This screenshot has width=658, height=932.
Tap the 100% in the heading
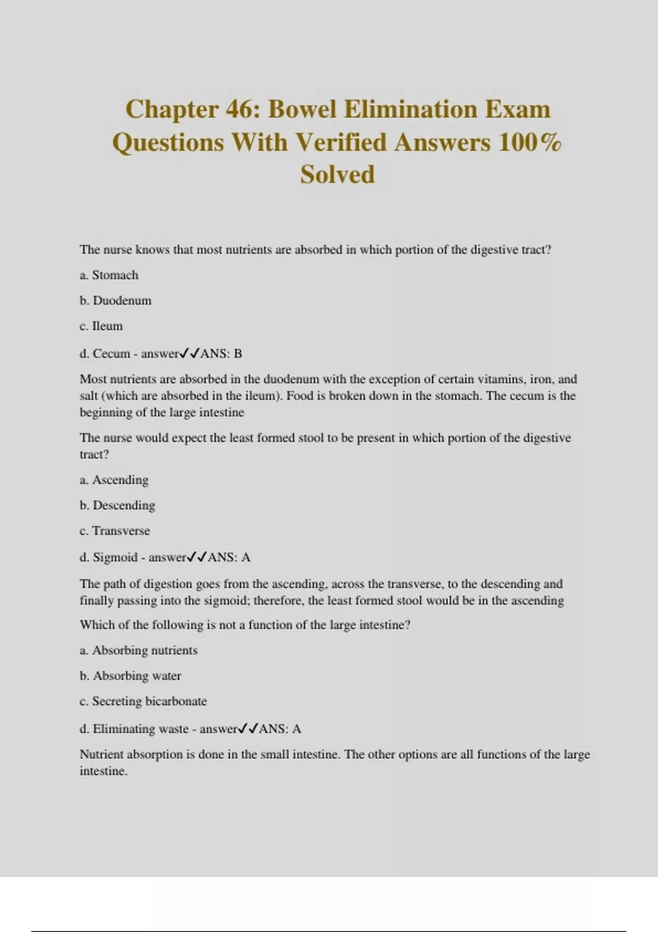pos(530,143)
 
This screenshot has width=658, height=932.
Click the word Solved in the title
pos(337,175)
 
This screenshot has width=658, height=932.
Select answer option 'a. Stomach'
pos(109,275)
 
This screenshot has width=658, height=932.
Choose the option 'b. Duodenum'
pos(115,300)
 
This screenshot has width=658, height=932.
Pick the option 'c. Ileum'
pos(101,326)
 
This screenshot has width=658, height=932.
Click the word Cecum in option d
pos(111,354)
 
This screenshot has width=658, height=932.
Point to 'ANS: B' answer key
pos(221,354)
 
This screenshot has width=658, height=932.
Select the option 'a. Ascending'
pos(114,480)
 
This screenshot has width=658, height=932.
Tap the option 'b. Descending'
pos(117,505)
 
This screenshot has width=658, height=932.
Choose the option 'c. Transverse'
pos(115,531)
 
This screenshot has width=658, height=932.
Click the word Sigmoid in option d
pos(115,558)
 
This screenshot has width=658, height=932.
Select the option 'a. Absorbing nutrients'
pos(139,650)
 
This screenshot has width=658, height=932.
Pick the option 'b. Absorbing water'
pos(131,676)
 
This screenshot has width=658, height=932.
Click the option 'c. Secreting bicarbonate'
pos(143,701)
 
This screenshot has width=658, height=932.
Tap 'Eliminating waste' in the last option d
pos(140,729)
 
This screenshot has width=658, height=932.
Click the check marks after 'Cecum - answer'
pos(190,354)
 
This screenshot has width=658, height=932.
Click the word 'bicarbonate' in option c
pos(176,701)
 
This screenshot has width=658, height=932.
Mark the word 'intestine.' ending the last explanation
pos(104,771)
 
